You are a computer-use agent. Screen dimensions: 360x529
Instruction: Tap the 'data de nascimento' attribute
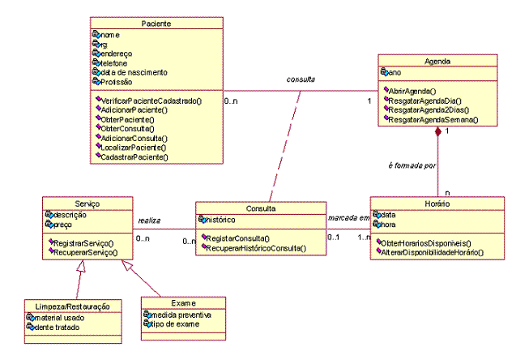click(x=134, y=72)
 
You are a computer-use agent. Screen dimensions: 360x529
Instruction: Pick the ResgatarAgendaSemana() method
click(x=433, y=119)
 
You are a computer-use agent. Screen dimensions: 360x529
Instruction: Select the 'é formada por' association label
click(x=413, y=165)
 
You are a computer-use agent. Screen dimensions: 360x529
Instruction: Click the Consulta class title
click(x=260, y=208)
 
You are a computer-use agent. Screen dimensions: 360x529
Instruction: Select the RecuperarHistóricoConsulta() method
click(x=256, y=247)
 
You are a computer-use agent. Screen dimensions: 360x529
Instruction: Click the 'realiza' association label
click(x=149, y=219)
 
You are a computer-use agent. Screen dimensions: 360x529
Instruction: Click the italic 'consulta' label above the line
click(x=301, y=79)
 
